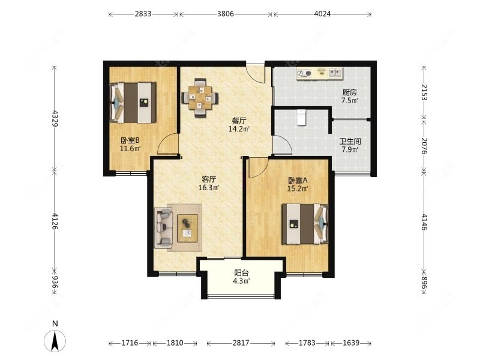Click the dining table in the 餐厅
[x=200, y=98]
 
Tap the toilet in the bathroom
[x=302, y=117]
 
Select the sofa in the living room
[x=163, y=228]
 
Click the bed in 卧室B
[x=133, y=103]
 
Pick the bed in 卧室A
[x=305, y=224]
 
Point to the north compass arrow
[x=55, y=341]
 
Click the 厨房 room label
[x=349, y=92]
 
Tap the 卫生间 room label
[x=350, y=142]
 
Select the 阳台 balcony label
[x=241, y=273]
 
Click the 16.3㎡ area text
[x=208, y=187]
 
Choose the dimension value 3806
[x=226, y=14]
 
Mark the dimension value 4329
[x=55, y=118]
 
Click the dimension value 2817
[x=241, y=343]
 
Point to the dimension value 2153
[x=424, y=92]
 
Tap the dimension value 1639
[x=351, y=343]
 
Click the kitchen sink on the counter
[x=335, y=73]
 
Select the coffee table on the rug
[x=187, y=228]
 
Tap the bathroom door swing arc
[x=283, y=144]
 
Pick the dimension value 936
[x=55, y=282]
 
